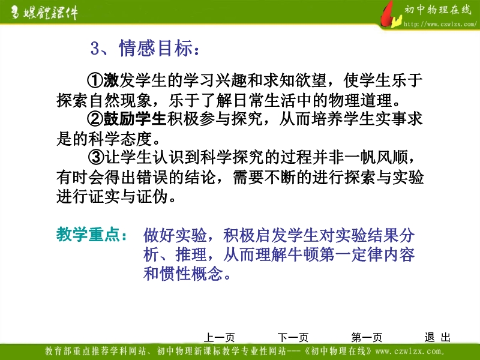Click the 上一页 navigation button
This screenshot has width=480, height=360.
(x=219, y=337)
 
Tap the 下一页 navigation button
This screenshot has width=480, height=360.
(x=293, y=337)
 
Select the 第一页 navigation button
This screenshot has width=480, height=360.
(x=367, y=337)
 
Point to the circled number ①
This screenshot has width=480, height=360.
(x=95, y=80)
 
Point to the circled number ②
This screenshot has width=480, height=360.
(x=95, y=119)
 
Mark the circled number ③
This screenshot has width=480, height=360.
(x=96, y=157)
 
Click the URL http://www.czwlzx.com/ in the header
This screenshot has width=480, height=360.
(x=440, y=24)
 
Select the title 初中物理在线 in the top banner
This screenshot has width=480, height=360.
(x=438, y=10)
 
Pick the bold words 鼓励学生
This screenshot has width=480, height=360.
(x=134, y=119)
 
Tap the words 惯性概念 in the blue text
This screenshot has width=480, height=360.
(x=191, y=274)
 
